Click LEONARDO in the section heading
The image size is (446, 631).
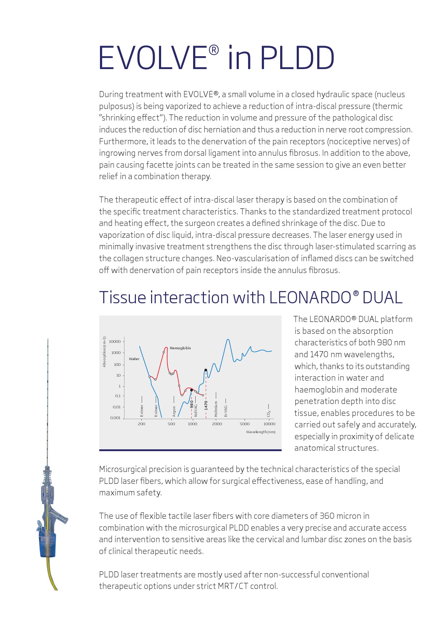click(310, 298)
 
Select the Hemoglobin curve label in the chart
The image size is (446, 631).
click(180, 348)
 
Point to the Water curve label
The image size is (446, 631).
click(134, 359)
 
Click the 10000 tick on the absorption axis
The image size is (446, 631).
click(115, 341)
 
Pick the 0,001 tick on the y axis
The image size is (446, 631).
click(115, 418)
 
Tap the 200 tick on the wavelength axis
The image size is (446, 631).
click(141, 424)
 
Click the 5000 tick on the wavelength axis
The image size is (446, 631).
click(245, 424)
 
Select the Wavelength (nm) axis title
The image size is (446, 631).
click(260, 432)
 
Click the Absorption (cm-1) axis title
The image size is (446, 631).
click(104, 352)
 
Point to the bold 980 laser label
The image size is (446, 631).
click(192, 404)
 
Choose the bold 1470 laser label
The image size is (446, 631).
click(206, 405)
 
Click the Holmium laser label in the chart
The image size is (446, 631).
click(216, 409)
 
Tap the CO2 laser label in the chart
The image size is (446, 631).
click(269, 414)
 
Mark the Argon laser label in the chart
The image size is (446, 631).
click(174, 411)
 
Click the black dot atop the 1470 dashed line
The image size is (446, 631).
click(206, 370)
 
